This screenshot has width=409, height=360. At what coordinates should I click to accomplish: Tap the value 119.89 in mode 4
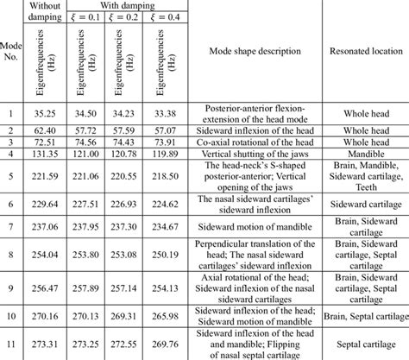click(x=164, y=154)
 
